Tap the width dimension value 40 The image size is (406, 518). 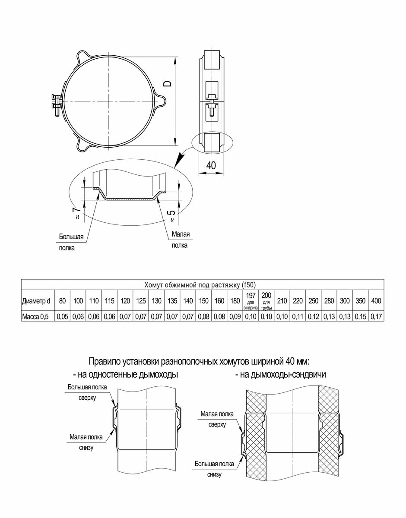pyautogui.click(x=211, y=165)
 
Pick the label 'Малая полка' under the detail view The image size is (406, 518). pyautogui.click(x=180, y=240)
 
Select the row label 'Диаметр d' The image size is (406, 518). pyautogui.click(x=36, y=300)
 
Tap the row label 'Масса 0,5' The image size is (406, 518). pyautogui.click(x=36, y=316)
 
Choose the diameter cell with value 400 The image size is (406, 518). pyautogui.click(x=376, y=300)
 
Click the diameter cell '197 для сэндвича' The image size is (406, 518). pyautogui.click(x=251, y=300)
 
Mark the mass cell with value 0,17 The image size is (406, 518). pyautogui.click(x=376, y=316)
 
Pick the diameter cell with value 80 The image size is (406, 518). pyautogui.click(x=63, y=300)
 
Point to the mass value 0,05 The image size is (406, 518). pyautogui.click(x=63, y=316)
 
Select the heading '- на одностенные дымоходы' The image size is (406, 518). pyautogui.click(x=125, y=375)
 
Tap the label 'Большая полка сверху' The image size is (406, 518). pyautogui.click(x=87, y=392)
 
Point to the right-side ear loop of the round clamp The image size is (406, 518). pyautogui.click(x=161, y=100)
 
